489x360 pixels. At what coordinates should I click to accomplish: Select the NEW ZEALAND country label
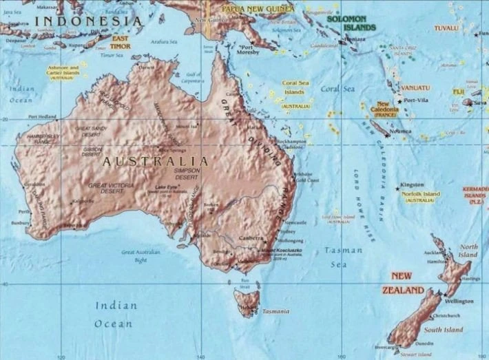click(x=403, y=283)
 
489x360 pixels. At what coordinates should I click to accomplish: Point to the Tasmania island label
click(x=275, y=311)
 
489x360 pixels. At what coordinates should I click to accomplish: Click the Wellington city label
click(x=459, y=301)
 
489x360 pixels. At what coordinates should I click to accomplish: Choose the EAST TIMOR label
click(x=121, y=42)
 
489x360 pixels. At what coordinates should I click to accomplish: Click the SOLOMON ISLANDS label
click(x=351, y=23)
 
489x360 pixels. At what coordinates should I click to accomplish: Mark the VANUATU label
click(x=415, y=88)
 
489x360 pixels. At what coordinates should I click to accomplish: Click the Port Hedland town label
click(x=43, y=117)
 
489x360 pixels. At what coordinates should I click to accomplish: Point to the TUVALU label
click(x=446, y=28)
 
